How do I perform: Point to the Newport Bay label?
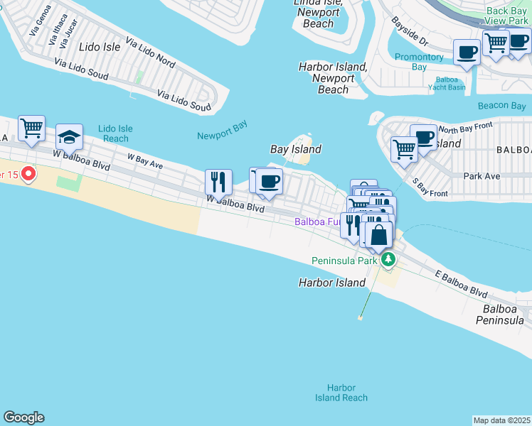tap(222, 136)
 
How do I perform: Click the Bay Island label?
tap(296, 149)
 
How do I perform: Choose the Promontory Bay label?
tap(419, 62)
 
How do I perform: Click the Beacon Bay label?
tap(501, 106)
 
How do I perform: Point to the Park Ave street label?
tap(482, 175)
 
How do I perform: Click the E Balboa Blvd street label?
tap(462, 283)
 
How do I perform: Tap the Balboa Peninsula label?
tap(504, 315)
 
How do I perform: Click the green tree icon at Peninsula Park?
tap(388, 260)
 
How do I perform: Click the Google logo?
tap(23, 417)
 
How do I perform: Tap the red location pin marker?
tap(28, 173)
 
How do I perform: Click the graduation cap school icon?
tap(69, 136)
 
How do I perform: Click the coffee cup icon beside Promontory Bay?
tap(467, 52)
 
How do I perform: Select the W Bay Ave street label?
tap(145, 160)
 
